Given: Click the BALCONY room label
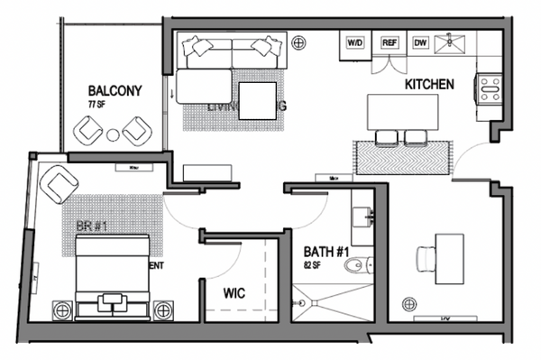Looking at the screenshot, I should tap(115, 91).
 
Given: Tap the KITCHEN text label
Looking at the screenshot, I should tap(428, 84).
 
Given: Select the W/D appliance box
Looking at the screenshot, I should tap(355, 42).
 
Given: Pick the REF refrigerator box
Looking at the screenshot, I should tap(390, 42).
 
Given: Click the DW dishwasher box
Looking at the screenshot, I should tap(420, 42).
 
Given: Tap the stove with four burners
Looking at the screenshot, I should tap(491, 87).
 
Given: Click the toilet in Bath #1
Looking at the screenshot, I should tap(362, 264).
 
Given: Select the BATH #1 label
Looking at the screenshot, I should tap(322, 252).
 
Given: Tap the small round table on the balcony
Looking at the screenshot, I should tap(114, 134).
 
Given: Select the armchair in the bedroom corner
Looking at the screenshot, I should tap(59, 184).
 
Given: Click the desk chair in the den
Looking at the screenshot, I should tap(426, 258).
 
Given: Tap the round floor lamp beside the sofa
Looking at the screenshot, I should tap(298, 40).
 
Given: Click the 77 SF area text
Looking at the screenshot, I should tap(96, 106).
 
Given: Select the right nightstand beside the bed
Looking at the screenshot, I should tap(164, 309).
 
